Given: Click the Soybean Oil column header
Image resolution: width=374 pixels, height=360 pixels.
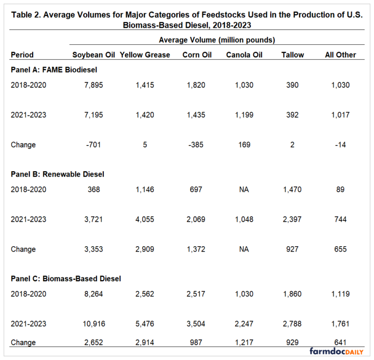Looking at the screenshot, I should [x=93, y=55].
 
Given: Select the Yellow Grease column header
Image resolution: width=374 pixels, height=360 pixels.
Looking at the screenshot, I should [x=145, y=55].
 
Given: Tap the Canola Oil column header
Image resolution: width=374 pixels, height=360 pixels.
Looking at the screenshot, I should [x=244, y=55].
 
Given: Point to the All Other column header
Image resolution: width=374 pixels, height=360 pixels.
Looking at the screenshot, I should [x=340, y=55].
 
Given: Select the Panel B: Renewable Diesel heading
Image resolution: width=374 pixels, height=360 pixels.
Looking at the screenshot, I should [x=57, y=174].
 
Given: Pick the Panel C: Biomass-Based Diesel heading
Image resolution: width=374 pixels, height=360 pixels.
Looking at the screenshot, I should [x=66, y=279].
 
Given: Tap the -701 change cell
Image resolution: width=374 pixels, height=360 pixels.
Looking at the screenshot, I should [x=93, y=144].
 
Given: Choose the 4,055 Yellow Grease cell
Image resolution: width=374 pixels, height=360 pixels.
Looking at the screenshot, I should [x=145, y=219].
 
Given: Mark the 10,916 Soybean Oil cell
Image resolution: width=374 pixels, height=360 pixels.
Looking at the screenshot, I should [x=93, y=324].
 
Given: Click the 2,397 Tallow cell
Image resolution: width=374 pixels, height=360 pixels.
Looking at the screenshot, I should [x=292, y=219].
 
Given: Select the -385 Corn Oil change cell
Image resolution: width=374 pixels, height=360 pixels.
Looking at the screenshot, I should [x=193, y=144].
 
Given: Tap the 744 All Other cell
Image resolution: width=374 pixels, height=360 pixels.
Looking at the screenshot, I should [x=340, y=219].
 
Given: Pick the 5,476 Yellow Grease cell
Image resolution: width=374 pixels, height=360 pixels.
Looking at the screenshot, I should [x=145, y=324].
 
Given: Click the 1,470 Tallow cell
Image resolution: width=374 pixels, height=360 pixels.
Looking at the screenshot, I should [x=292, y=189].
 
